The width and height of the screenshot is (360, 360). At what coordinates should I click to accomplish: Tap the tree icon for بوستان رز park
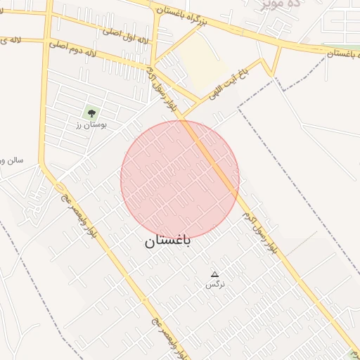[90, 112]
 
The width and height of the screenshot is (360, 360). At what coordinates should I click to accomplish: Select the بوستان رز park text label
[89, 124]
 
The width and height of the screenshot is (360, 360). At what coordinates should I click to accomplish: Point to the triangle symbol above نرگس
[214, 274]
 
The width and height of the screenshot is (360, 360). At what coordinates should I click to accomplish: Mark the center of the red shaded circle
[180, 179]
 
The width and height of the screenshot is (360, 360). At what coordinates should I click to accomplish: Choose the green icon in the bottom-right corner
[354, 354]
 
